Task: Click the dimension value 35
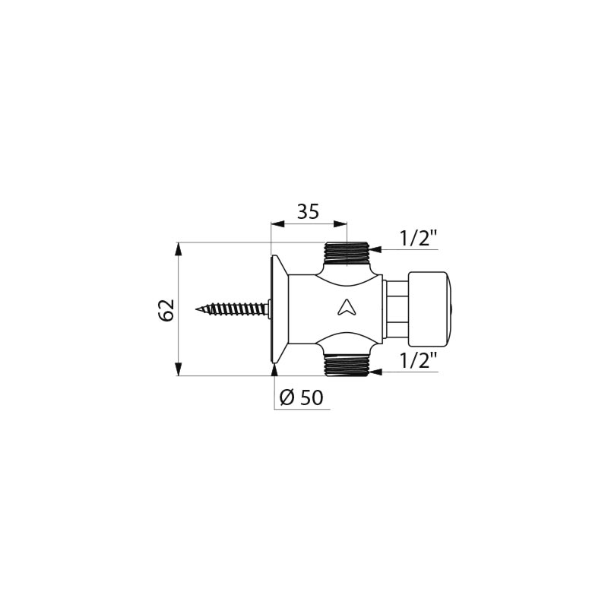click(x=309, y=212)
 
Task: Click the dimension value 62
click(x=166, y=310)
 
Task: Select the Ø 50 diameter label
click(x=301, y=397)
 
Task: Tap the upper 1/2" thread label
click(x=419, y=238)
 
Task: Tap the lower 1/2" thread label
click(x=419, y=359)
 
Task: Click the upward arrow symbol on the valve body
click(x=344, y=308)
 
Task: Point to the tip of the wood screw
click(x=196, y=309)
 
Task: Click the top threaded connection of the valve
click(x=347, y=253)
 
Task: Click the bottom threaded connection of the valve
click(x=347, y=366)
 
